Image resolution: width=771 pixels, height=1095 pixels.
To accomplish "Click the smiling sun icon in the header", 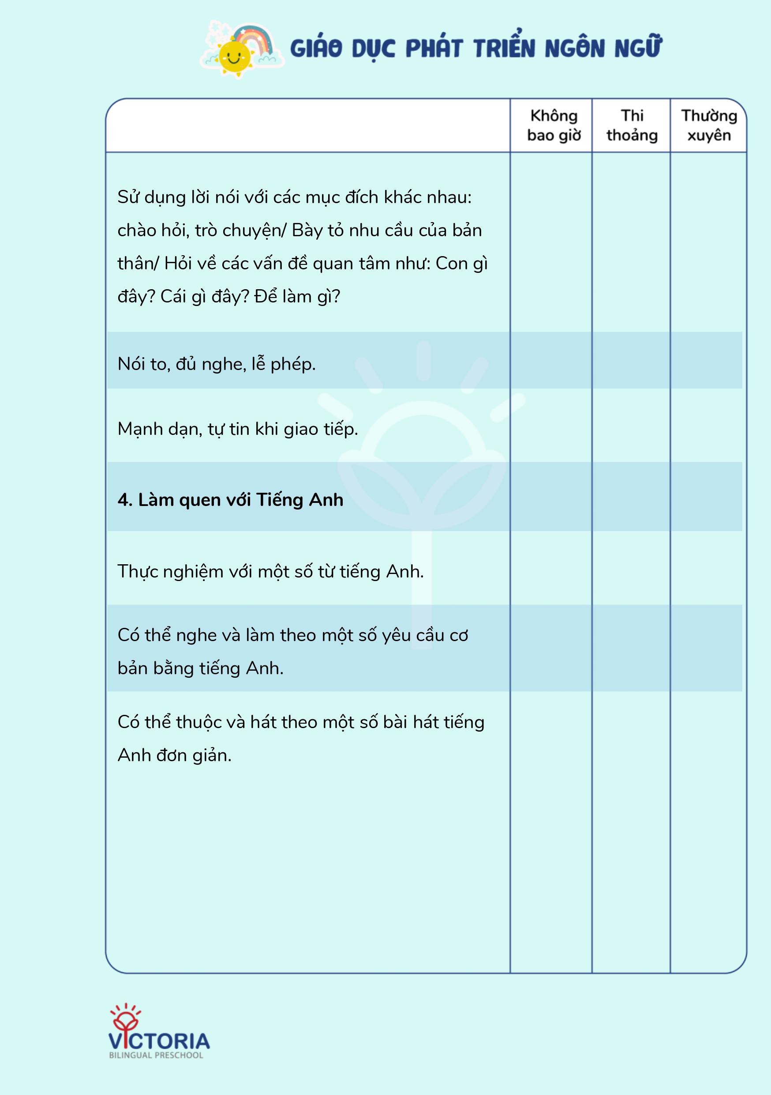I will coord(234,57).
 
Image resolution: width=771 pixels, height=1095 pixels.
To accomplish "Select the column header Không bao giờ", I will coord(554,125).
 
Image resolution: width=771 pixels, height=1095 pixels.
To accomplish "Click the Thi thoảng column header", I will coord(632,125).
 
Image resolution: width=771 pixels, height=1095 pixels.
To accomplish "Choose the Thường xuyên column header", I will coord(709,125).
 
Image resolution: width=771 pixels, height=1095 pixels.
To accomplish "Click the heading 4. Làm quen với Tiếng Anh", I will coord(230,499).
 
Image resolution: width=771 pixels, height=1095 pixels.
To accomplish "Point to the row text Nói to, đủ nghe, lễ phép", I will coord(216,364).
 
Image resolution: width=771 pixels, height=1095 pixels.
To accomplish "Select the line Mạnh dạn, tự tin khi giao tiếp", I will coord(237,429).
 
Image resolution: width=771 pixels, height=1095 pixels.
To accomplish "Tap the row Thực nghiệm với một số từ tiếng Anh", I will coord(270,571).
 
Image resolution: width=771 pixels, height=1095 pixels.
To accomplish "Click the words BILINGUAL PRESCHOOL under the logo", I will coord(156,1055).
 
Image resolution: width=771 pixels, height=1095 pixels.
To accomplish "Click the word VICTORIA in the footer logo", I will coord(159,1041).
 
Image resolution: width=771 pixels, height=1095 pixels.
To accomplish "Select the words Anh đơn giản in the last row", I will coord(174,755).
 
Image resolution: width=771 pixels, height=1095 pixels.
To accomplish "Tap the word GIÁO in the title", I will coord(316,49).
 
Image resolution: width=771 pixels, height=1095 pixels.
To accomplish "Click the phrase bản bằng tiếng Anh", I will coord(200,668).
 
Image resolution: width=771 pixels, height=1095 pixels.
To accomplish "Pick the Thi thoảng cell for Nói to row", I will coord(631,361).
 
